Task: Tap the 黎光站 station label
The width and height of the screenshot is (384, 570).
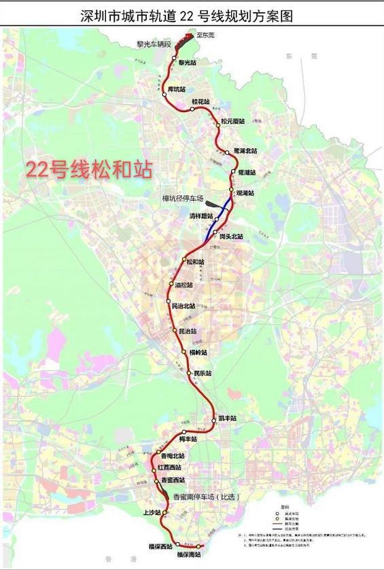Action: pos(188,63)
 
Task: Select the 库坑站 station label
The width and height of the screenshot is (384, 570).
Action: pos(177,88)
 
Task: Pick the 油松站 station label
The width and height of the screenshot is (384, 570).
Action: pos(184,286)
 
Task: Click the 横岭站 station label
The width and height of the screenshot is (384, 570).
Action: pos(198,353)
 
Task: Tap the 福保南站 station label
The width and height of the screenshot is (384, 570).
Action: pos(188,555)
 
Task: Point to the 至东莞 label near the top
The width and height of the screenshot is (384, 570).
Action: pos(204,35)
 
